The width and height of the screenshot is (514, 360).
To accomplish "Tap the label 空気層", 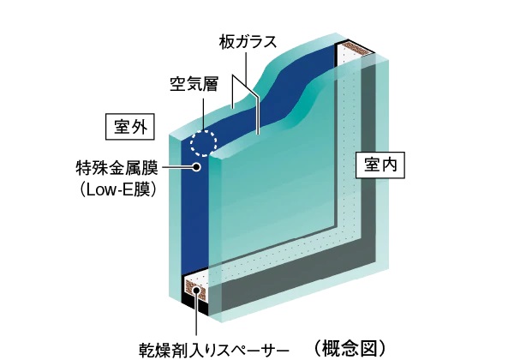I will click(x=192, y=85).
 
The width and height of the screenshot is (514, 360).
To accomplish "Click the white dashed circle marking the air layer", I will click(x=204, y=141).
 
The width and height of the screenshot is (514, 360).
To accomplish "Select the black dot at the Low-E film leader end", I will click(x=197, y=167).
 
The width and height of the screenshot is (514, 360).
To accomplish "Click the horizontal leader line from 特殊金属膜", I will click(x=176, y=167).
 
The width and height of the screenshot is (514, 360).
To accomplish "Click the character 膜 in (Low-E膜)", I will click(x=145, y=188).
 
